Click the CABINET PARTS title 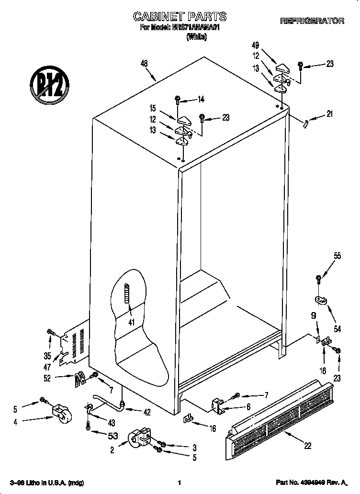click(180, 17)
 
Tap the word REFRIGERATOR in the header click(312, 21)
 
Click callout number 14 click(201, 100)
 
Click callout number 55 click(337, 256)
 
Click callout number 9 click(314, 316)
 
